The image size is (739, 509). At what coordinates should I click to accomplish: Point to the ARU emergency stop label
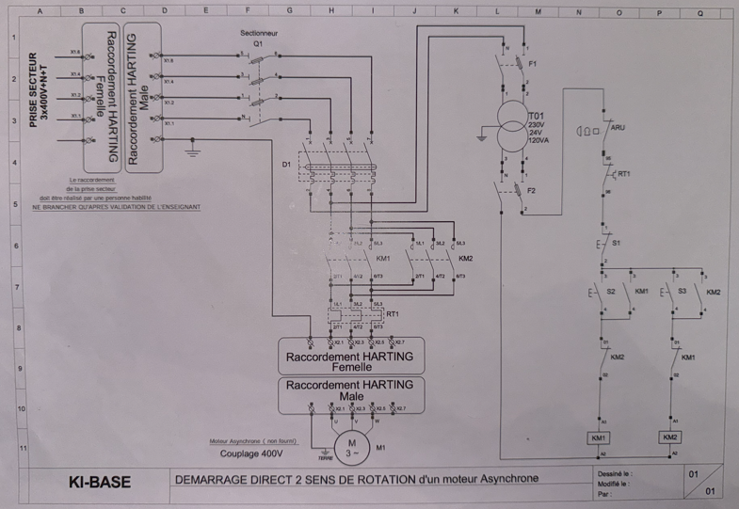tap(619, 126)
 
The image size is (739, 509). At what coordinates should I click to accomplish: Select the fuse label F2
tap(533, 190)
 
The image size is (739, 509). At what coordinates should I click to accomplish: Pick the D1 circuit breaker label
tap(287, 167)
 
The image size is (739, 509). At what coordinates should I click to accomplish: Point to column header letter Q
tap(699, 13)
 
